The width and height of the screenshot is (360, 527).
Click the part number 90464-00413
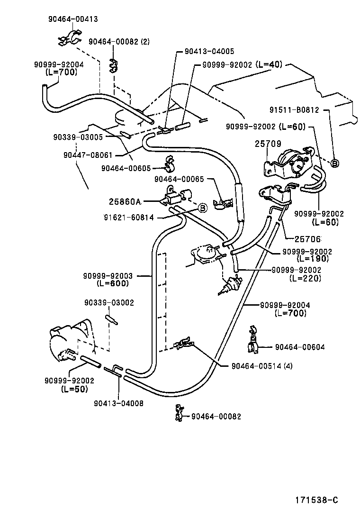(72, 19)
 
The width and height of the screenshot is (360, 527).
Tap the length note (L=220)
(305, 278)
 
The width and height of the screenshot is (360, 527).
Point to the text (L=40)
(269, 64)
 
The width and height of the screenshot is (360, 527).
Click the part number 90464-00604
(300, 347)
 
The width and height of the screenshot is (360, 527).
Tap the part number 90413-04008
(118, 404)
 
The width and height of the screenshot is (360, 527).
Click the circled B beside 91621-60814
(202, 208)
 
